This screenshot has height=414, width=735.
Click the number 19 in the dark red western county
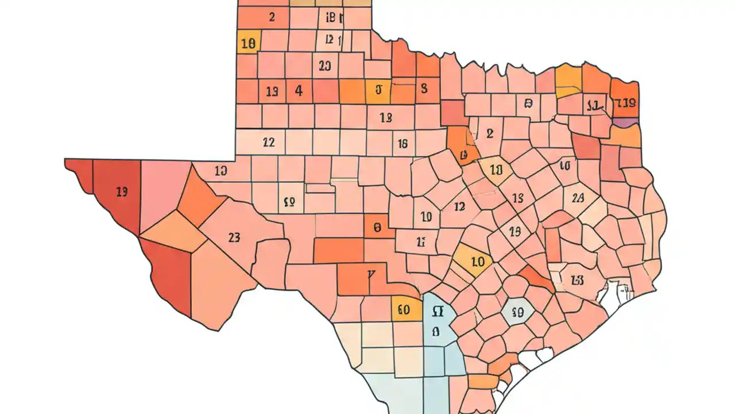(x=122, y=192)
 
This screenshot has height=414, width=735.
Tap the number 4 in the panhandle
(x=299, y=90)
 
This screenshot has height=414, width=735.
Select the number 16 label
(x=403, y=144)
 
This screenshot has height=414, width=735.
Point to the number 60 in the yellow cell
(x=404, y=310)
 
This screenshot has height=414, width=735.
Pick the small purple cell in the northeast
(x=625, y=121)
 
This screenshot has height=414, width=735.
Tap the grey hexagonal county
(x=517, y=312)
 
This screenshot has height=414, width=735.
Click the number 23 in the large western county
(x=234, y=237)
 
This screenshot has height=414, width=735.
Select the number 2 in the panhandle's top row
(x=272, y=17)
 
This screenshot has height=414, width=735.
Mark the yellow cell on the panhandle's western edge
(x=249, y=42)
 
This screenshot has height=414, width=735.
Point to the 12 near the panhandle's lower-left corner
(x=268, y=142)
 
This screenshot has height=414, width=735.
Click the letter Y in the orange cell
(x=371, y=275)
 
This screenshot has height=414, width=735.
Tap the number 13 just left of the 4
(x=272, y=91)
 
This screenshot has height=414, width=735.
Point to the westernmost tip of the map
(x=65, y=161)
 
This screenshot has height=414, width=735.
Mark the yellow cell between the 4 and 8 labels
(x=378, y=91)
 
